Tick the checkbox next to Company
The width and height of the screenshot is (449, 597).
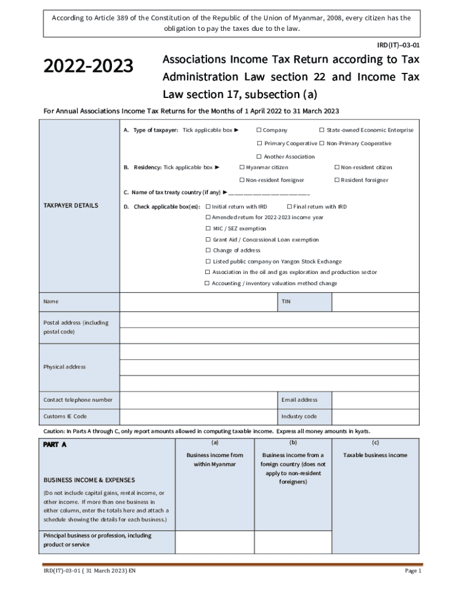258,130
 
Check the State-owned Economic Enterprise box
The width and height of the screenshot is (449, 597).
321,130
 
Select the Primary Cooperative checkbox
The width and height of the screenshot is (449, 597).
259,143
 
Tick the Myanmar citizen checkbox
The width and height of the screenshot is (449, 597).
242,167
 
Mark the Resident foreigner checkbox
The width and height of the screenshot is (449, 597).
336,180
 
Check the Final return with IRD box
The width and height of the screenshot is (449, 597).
289,206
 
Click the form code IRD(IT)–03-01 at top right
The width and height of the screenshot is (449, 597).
399,44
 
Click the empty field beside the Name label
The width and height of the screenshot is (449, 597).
198,302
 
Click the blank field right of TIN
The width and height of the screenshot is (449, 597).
375,302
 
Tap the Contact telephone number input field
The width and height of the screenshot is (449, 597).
198,400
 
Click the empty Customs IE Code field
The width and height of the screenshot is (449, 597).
198,416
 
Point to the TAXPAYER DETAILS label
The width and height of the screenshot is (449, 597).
71,205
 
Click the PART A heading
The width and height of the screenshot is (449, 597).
55,444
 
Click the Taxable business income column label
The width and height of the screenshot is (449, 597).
375,455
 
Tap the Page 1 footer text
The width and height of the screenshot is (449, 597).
412,571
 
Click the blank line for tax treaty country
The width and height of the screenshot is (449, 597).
269,192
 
